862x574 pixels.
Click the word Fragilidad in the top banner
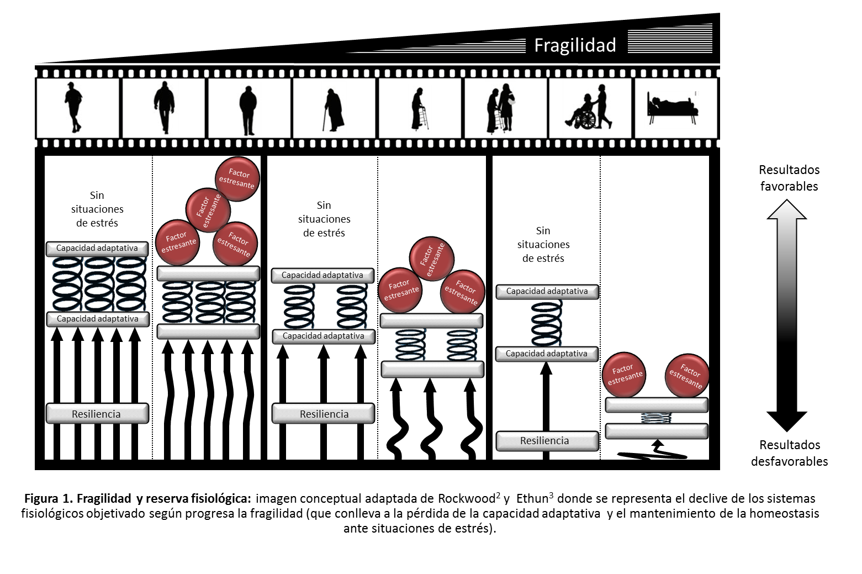(x=575, y=45)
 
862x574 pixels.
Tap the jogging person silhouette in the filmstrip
(x=73, y=107)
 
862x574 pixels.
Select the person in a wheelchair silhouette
(x=583, y=112)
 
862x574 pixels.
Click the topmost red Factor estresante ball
(x=237, y=178)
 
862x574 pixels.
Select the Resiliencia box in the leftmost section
(x=97, y=414)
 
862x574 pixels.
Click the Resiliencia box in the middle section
(x=323, y=414)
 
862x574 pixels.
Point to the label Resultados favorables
(x=789, y=178)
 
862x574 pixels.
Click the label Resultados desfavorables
(x=789, y=453)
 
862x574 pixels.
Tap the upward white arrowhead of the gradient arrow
(x=787, y=209)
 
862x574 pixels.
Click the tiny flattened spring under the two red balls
(x=656, y=418)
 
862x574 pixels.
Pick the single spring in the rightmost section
(x=547, y=323)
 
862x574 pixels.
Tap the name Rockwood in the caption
(x=466, y=499)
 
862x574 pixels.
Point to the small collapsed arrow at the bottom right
(x=656, y=451)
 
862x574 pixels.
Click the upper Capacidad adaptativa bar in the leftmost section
(x=97, y=248)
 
